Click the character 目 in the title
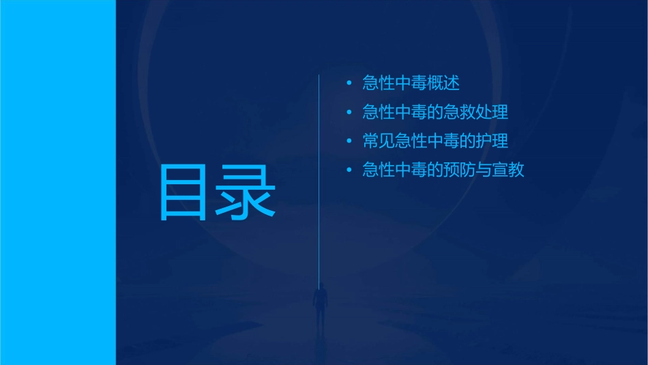(x=183, y=193)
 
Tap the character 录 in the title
(x=246, y=193)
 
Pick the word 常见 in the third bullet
(x=379, y=141)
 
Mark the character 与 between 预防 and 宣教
(x=484, y=170)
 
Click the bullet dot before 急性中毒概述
(x=349, y=83)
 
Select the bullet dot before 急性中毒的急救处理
(x=349, y=112)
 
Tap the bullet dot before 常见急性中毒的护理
(x=349, y=141)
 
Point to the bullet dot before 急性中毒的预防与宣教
(x=349, y=170)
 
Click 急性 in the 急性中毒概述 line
(x=379, y=83)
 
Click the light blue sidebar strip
(x=57, y=182)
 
